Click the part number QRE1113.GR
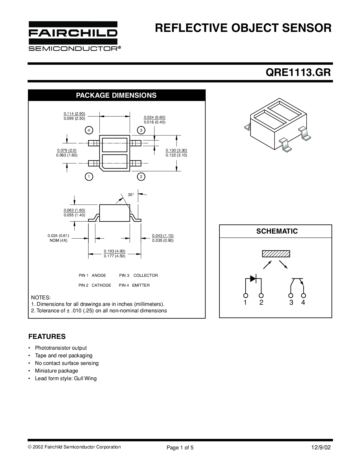tap(298, 73)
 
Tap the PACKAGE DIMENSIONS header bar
tap(117, 95)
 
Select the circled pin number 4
tap(89, 130)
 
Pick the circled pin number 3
tap(141, 130)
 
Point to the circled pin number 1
tap(89, 177)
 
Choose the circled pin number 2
tap(141, 177)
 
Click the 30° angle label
tap(131, 195)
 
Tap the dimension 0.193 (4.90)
tap(115, 251)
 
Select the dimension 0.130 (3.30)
tap(176, 150)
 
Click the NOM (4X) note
tap(58, 241)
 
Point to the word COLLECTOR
tap(146, 275)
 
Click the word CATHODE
tap(101, 285)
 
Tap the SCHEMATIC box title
tap(277, 231)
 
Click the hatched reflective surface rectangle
tap(276, 254)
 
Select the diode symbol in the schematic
tap(254, 279)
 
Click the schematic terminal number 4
tap(303, 302)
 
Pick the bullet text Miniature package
tap(56, 371)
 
